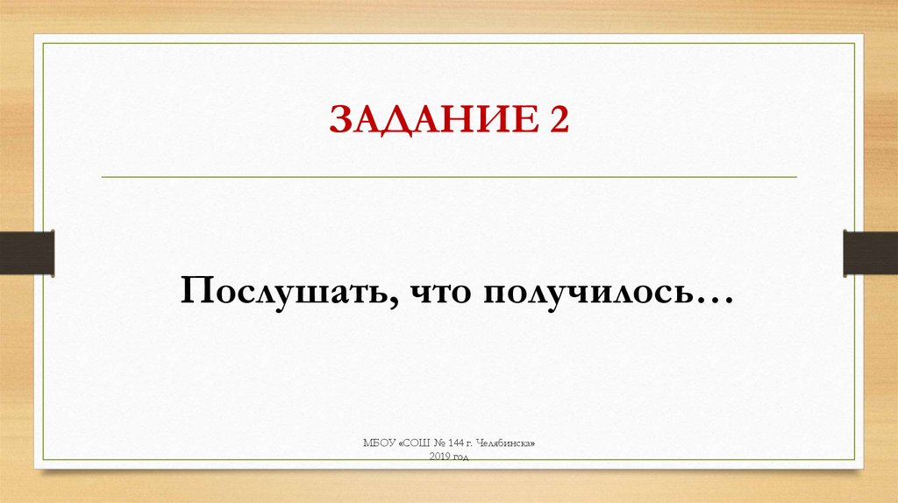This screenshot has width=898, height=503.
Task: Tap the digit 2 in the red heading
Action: coord(559,119)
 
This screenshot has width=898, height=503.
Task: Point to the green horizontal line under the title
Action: coord(449,177)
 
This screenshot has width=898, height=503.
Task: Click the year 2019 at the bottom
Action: coord(438,457)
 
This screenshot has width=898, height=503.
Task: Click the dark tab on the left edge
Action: coord(26,252)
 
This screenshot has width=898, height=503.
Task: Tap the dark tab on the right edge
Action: coord(870,252)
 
